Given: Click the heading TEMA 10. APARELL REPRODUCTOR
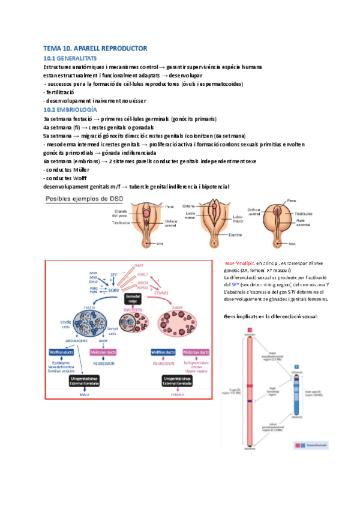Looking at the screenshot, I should (95, 47).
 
